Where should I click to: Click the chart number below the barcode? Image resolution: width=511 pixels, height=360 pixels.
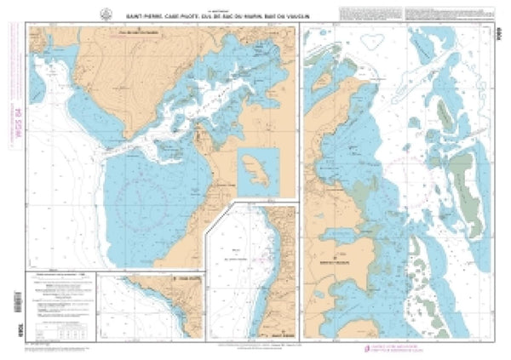10,329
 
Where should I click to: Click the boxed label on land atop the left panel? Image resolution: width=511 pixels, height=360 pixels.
129,34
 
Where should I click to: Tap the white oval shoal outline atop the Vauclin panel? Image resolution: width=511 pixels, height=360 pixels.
372,40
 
